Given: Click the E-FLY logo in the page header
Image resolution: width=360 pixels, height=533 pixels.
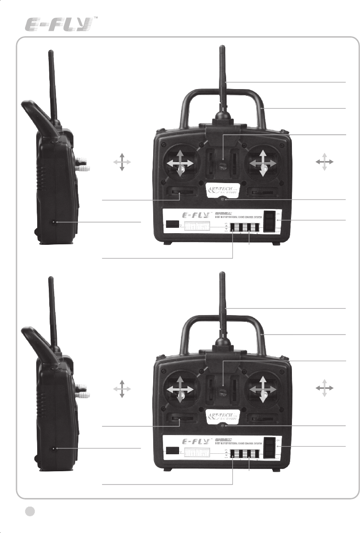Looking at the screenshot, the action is (60, 25).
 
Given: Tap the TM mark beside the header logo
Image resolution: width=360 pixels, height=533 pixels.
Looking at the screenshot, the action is (96, 19).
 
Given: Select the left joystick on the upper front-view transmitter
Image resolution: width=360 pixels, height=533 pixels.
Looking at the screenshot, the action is (180, 164).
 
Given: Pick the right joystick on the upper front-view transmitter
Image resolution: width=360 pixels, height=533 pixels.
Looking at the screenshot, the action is (263, 164).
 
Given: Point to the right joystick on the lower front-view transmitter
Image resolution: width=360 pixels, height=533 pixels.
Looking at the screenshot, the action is (263, 390).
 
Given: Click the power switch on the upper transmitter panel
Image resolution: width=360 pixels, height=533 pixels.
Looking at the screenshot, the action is (269, 221).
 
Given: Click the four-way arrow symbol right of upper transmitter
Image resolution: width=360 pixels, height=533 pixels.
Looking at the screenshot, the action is (325, 162).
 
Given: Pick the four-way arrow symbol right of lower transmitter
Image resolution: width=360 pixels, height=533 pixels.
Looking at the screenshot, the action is (325, 388).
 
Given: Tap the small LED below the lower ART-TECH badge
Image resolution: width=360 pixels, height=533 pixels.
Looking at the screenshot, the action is (223, 426).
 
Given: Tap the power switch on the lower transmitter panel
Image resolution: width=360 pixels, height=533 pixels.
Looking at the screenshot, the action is (269, 448).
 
